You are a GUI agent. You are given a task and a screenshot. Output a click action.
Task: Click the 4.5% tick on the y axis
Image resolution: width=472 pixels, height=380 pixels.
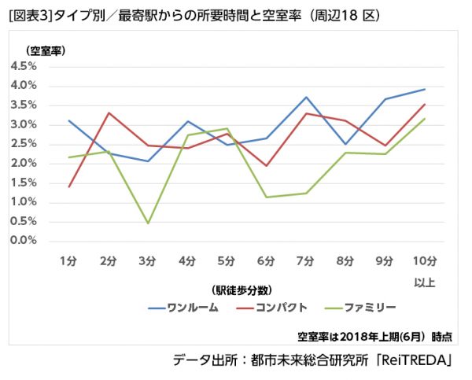24,66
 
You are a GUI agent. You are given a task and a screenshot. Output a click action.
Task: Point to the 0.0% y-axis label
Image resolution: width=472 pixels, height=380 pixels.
24,241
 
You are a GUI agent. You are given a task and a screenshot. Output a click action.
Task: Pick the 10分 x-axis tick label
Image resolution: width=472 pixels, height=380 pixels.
424,260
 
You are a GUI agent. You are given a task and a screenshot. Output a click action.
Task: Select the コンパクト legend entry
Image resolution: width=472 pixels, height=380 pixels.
280,307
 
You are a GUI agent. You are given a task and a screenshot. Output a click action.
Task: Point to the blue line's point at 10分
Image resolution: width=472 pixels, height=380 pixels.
425,89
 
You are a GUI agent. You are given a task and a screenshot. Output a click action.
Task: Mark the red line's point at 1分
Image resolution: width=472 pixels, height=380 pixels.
69,187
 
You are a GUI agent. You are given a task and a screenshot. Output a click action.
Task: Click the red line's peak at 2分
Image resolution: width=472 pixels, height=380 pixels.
109,113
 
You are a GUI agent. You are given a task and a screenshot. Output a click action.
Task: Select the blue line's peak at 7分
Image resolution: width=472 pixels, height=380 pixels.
306,97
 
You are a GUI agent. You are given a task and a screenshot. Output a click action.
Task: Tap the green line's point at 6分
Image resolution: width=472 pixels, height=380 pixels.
267,197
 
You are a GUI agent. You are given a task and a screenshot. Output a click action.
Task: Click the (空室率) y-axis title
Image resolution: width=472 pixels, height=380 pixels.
46,50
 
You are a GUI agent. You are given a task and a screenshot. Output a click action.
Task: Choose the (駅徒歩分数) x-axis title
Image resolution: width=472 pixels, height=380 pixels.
243,289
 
